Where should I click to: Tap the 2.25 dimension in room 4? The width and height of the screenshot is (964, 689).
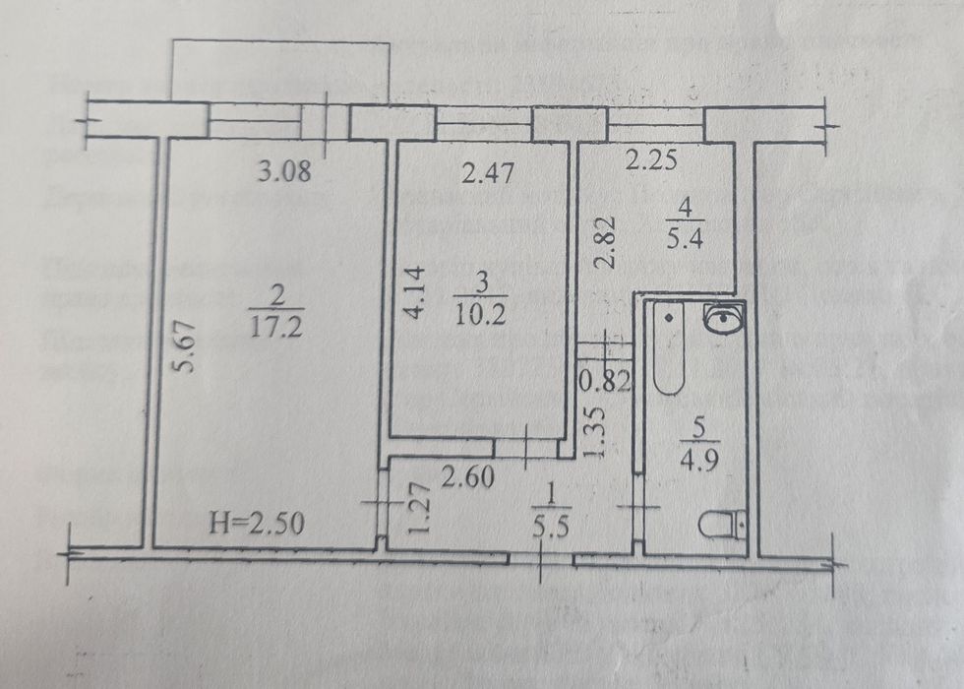point(651,161)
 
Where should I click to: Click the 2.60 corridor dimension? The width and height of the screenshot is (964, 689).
point(467,479)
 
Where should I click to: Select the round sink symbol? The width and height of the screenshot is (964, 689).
point(724,319)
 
